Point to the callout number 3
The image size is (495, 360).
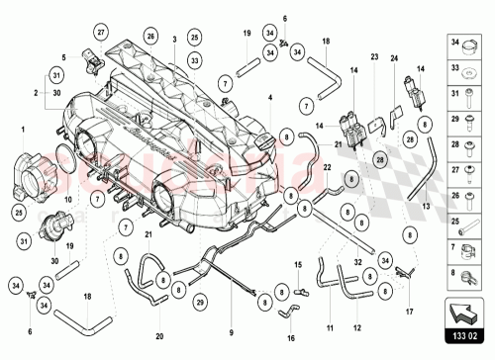(x=173, y=38)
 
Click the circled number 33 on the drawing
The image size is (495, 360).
(x=195, y=60)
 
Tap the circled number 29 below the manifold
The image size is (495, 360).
(x=201, y=302)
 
